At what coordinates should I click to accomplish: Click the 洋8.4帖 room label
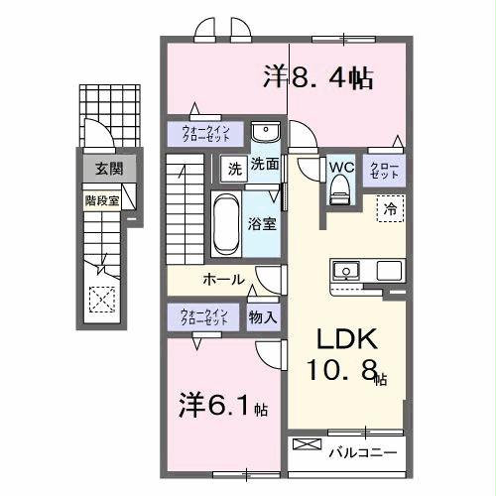(317, 77)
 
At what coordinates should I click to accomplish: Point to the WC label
(340, 167)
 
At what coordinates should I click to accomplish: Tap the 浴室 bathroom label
(263, 223)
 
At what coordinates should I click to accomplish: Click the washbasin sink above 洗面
(264, 134)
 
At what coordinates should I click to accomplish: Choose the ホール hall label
(224, 280)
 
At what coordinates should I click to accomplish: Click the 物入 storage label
(263, 317)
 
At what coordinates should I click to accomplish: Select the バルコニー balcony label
(363, 453)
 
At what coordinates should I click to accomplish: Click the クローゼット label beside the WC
(384, 169)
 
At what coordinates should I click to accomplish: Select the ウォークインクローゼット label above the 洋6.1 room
(203, 317)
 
